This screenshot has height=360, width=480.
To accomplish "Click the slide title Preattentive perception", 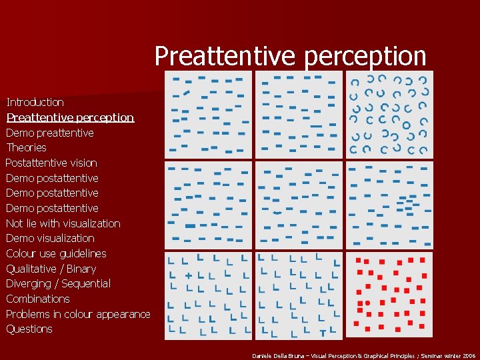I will point(290,56).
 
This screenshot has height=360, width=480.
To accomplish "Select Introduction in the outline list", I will point(35,102).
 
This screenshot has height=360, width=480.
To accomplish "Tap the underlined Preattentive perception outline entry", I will point(70,117).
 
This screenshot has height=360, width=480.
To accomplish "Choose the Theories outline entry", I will point(26,147).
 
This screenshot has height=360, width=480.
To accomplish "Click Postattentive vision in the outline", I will point(51,163).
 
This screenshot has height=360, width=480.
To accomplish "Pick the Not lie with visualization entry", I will point(63,223).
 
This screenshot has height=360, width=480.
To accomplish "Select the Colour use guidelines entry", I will point(56,253).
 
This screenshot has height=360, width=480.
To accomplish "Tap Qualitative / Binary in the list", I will point(51,269).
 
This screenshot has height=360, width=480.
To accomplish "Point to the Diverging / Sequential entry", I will point(58,283).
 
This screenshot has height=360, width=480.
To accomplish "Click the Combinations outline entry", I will point(37,299).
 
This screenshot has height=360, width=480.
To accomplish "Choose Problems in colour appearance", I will point(78,314).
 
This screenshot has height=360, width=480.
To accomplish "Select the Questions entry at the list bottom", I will point(29,329).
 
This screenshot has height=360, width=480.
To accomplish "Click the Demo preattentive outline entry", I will point(49,133).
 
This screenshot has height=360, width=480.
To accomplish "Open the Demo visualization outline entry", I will point(50,238).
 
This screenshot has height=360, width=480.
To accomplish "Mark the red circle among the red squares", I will point(367,303).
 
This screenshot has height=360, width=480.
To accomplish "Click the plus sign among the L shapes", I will point(189,275).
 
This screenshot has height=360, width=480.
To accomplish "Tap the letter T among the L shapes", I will point(323,332).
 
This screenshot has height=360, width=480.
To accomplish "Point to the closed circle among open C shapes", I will point(406,125).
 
